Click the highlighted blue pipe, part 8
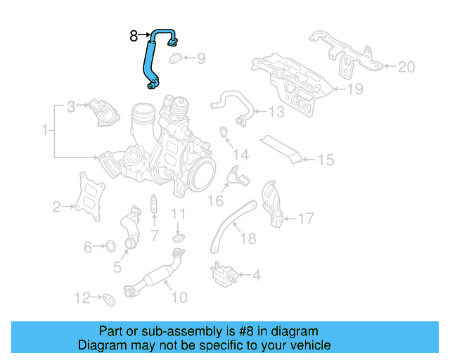coord(150,60)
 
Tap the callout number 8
coord(134,34)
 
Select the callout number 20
coord(406,67)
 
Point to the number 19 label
coord(355,89)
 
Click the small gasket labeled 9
coord(176,58)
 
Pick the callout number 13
coord(276,112)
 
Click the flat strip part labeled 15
coord(281,148)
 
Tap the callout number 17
coord(305,219)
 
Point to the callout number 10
coord(179,297)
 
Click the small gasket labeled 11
coord(178,239)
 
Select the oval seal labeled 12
coord(109,300)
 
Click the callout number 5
coord(117,268)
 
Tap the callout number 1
coord(46,130)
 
